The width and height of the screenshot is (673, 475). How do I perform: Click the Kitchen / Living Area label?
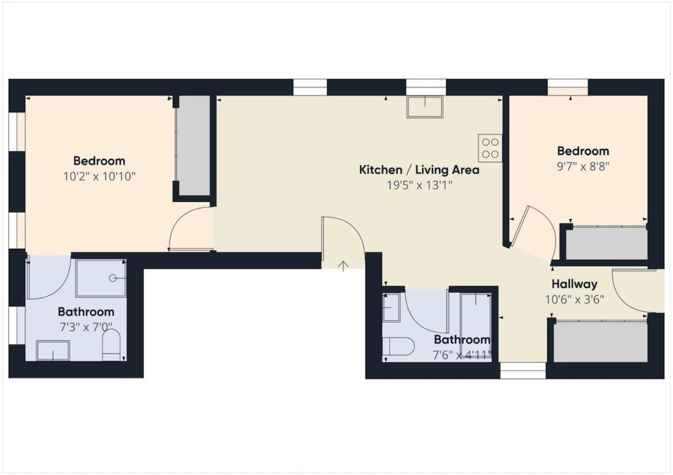click(419, 170)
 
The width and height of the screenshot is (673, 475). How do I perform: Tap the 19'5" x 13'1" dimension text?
click(419, 185)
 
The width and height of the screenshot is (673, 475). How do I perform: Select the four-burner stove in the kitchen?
click(490, 148)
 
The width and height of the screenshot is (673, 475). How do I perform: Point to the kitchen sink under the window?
click(425, 107)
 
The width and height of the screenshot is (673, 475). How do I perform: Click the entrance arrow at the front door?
click(343, 266)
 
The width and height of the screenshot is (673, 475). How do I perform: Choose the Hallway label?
click(574, 284)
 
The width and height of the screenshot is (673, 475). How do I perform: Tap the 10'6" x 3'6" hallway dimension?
click(574, 299)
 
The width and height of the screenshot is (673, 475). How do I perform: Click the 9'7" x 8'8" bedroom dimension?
click(583, 166)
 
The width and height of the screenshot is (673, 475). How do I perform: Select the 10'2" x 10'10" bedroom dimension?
click(99, 176)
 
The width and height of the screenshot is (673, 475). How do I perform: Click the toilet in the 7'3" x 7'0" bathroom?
click(111, 345)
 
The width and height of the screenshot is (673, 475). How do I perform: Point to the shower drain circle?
click(113, 278)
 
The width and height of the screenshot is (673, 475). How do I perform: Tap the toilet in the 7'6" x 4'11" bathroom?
click(398, 346)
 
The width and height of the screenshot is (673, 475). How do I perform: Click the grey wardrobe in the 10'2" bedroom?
click(192, 146)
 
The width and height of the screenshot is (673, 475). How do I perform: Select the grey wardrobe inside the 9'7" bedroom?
click(606, 243)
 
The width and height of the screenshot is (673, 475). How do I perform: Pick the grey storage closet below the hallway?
click(600, 342)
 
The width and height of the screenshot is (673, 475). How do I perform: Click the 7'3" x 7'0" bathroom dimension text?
click(86, 327)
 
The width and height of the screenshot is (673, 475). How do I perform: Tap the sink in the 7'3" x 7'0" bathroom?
click(53, 351)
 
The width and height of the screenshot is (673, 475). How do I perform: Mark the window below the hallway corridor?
click(523, 371)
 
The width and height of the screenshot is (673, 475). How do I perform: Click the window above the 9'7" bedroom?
click(568, 87)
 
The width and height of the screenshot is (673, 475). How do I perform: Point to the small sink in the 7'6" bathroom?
click(391, 308)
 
